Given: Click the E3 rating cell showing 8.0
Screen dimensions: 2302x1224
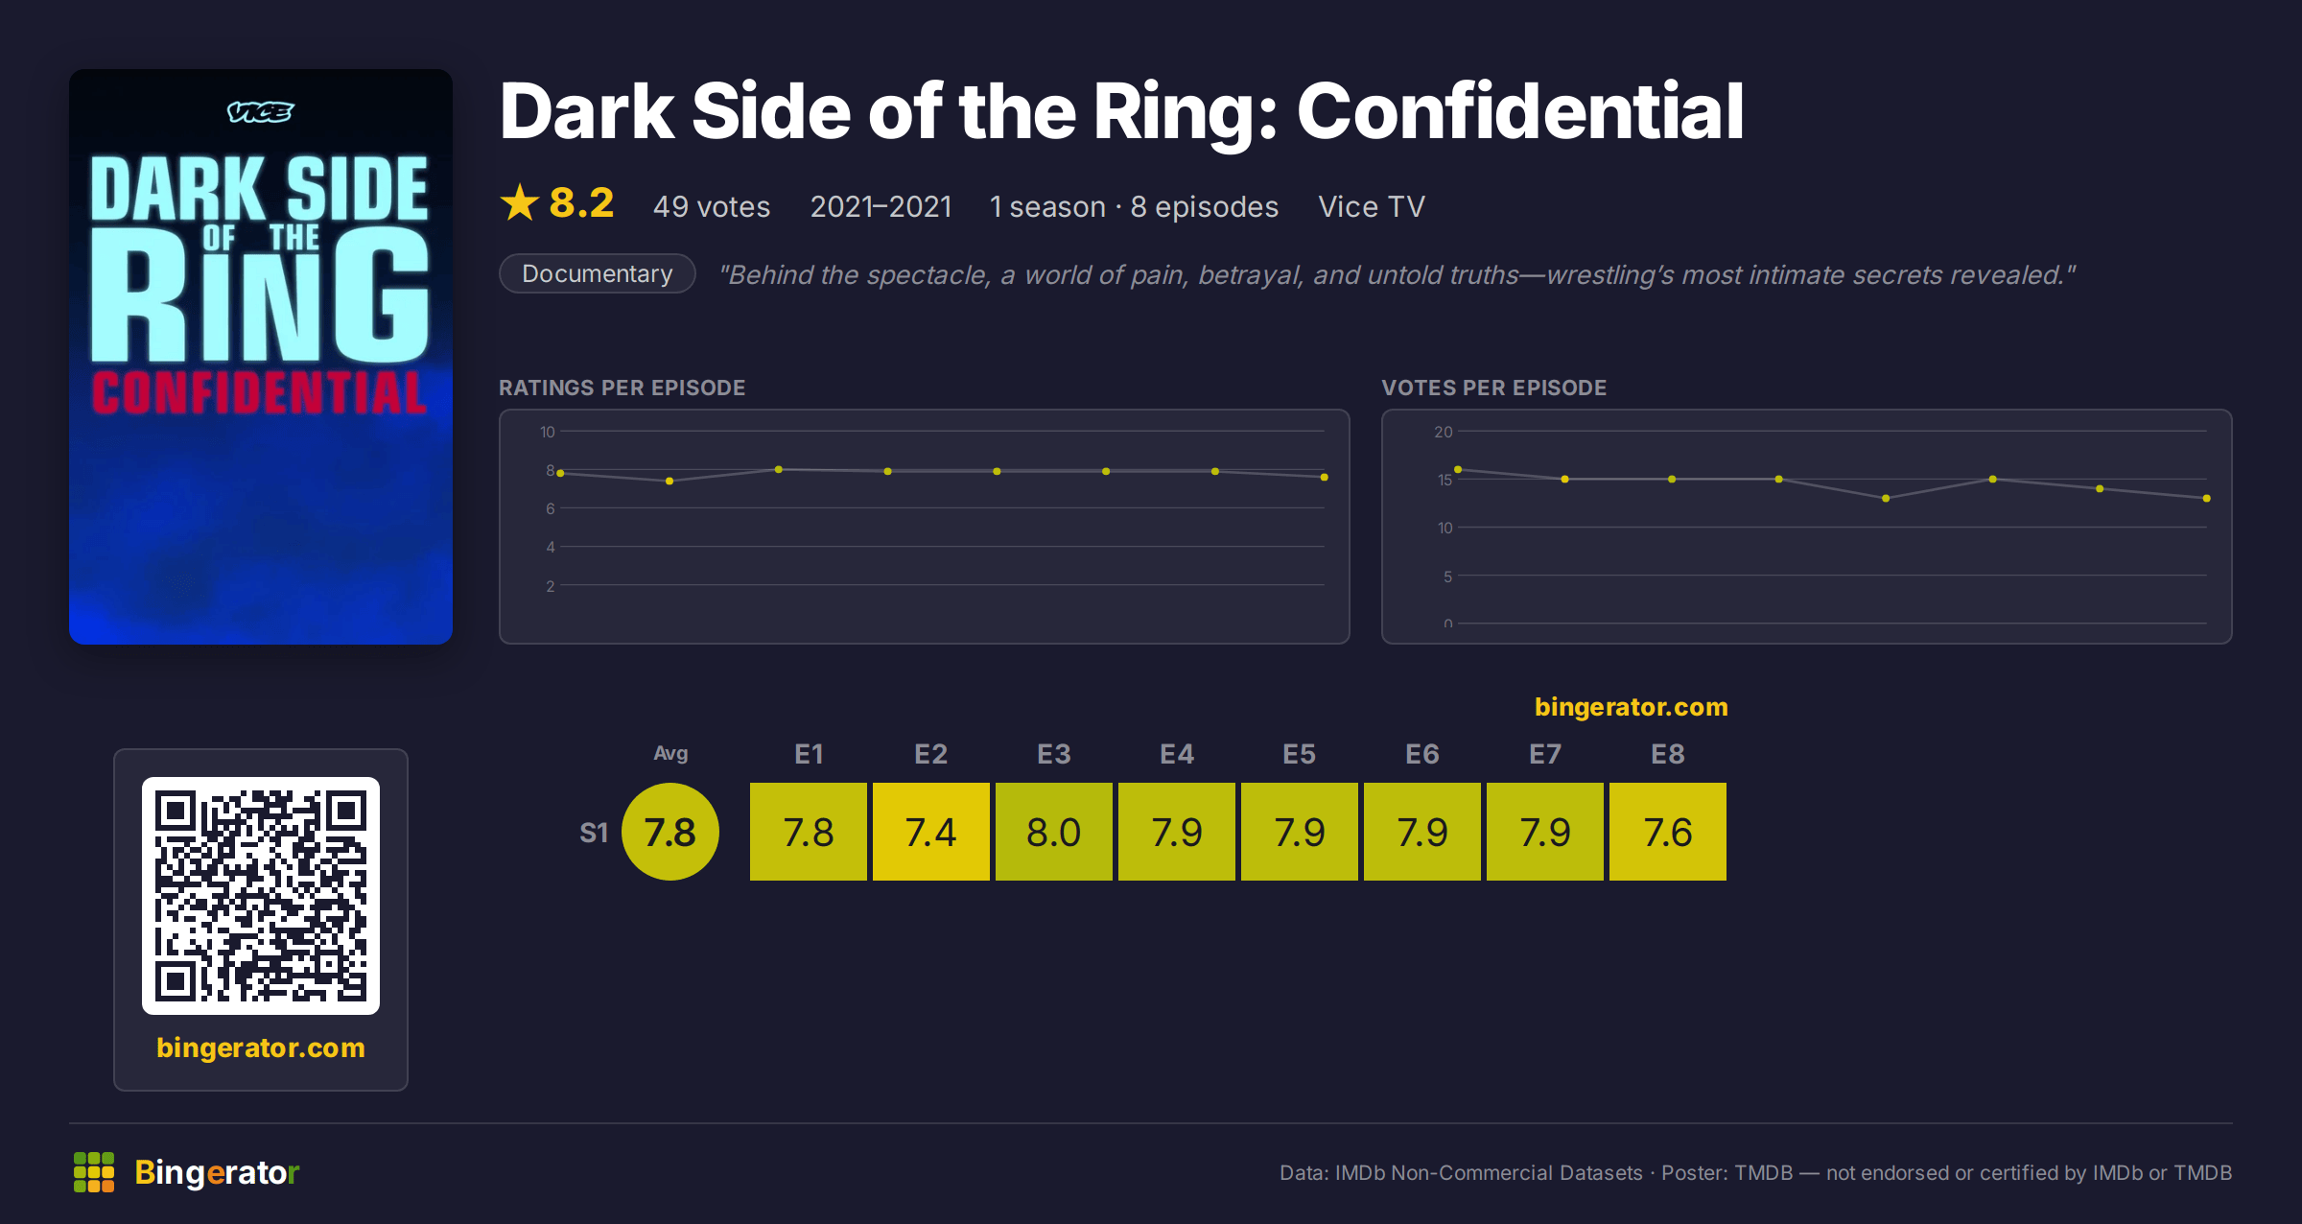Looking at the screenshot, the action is point(1053,832).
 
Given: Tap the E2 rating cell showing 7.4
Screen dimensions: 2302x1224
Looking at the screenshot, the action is point(930,832).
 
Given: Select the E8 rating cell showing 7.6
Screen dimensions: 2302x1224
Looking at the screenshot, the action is point(1667,832).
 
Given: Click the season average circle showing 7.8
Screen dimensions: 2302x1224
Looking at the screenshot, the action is point(670,832).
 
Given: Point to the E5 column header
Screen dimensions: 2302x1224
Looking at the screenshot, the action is point(1299,754).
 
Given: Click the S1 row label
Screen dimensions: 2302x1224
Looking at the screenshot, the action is point(594,833).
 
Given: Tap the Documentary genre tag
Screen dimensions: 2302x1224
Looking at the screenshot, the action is point(597,273).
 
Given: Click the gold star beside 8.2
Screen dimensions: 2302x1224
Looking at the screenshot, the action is point(520,202).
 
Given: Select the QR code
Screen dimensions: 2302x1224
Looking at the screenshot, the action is point(261,896).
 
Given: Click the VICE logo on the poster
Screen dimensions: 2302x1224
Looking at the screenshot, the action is point(260,112).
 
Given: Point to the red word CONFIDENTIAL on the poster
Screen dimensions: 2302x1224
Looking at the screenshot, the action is point(259,392).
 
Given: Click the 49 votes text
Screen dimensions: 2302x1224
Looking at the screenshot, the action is point(712,206).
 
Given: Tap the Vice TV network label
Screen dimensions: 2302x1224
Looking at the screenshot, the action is point(1372,206).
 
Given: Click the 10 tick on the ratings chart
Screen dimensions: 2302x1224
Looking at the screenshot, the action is point(548,432).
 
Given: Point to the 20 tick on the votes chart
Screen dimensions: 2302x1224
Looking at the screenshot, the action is point(1444,432).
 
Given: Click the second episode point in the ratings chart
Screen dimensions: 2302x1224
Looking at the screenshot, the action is point(669,481).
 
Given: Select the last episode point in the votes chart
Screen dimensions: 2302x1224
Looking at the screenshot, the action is point(2207,498).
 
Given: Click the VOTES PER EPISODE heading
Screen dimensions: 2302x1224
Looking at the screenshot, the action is point(1493,388).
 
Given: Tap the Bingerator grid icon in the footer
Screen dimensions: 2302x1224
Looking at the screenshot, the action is point(94,1172).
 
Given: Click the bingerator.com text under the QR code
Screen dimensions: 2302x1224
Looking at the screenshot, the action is point(261,1047).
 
